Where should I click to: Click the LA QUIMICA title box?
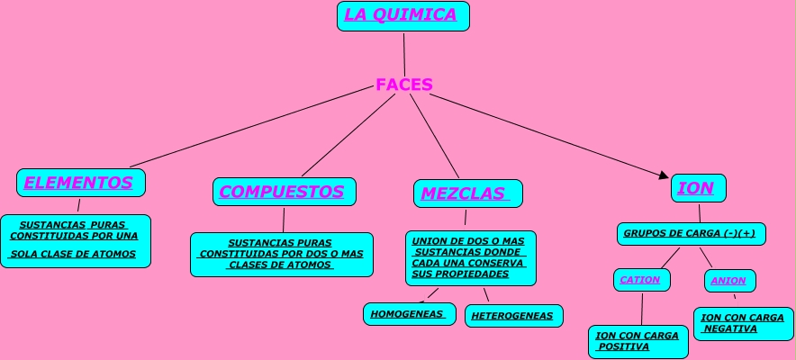[x=403, y=15]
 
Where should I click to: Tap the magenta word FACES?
[x=404, y=85]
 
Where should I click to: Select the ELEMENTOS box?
[x=80, y=183]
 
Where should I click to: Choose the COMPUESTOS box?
[x=284, y=192]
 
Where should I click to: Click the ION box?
[x=698, y=188]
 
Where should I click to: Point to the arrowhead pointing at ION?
[x=665, y=175]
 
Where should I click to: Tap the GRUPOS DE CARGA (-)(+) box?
[x=691, y=234]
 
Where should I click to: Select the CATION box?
[x=641, y=280]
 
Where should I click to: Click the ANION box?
[x=729, y=281]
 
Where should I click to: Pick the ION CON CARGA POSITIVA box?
[x=638, y=341]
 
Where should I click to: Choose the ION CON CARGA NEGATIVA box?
[x=743, y=323]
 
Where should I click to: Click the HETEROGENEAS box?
[x=514, y=316]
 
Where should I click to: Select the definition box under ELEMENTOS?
[x=75, y=240]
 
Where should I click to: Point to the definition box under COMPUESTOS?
[x=281, y=254]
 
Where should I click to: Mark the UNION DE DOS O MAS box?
[x=470, y=257]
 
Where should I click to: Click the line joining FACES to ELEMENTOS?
[x=252, y=127]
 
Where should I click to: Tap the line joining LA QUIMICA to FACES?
[x=404, y=54]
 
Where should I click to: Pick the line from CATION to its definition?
[x=642, y=309]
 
